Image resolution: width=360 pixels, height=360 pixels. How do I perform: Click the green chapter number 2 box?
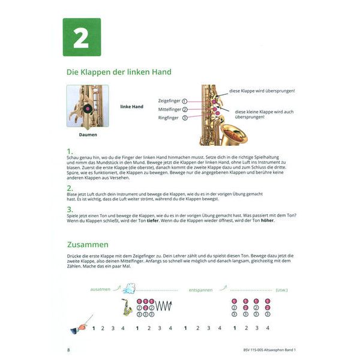[x=82, y=37]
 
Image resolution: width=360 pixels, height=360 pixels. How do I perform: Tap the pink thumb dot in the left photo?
[x=88, y=109]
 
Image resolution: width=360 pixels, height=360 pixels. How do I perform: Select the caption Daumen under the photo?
[x=88, y=135]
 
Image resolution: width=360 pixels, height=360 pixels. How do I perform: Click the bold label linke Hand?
[x=131, y=107]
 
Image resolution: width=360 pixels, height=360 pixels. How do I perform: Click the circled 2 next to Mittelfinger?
[x=185, y=110]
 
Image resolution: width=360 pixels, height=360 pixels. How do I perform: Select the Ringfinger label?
[x=170, y=118]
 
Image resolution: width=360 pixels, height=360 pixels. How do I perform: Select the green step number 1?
[x=70, y=152]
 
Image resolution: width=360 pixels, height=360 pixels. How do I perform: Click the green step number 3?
[x=70, y=208]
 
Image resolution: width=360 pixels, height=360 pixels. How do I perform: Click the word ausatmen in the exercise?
[x=100, y=289]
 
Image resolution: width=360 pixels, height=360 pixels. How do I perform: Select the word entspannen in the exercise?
[x=202, y=289]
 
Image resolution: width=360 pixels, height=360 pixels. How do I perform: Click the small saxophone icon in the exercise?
[x=127, y=307]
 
